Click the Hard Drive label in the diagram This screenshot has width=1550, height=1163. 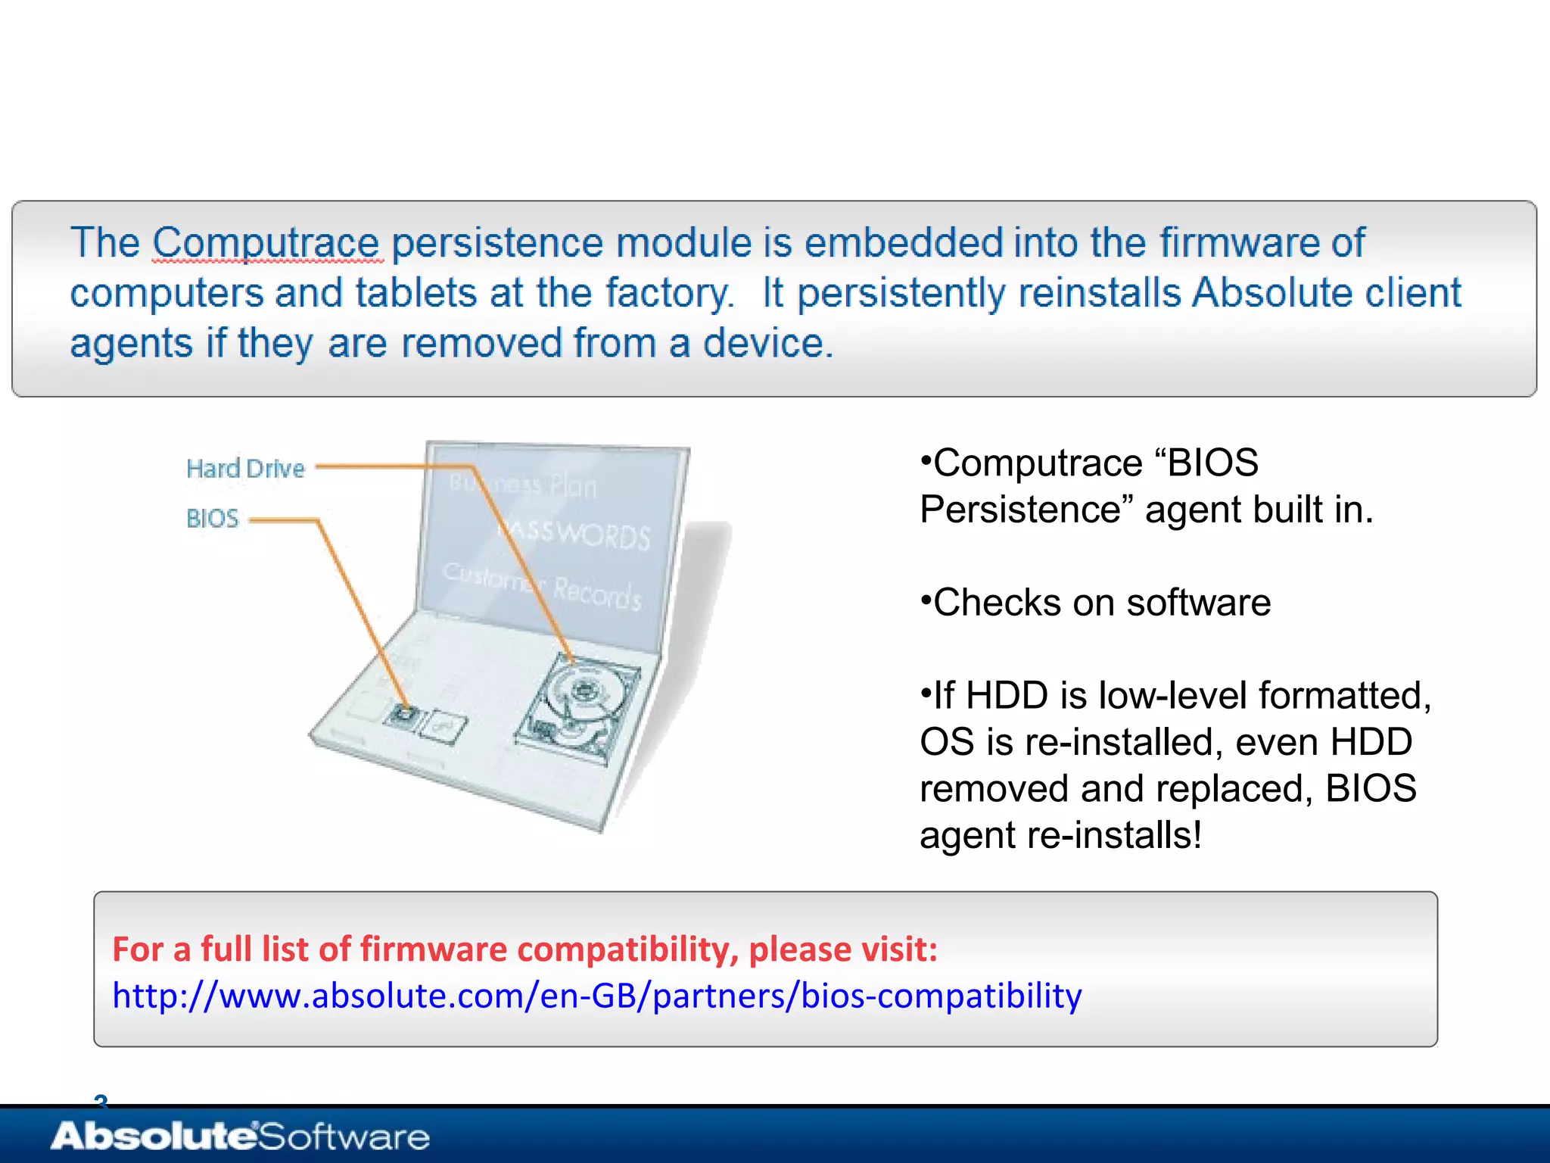click(245, 469)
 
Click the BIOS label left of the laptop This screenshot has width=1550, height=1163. click(213, 519)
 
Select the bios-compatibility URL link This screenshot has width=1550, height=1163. click(596, 996)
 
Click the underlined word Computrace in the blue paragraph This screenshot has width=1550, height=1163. click(266, 243)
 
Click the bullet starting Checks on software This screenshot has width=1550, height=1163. click(1096, 603)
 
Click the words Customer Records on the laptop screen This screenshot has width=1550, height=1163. click(542, 585)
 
